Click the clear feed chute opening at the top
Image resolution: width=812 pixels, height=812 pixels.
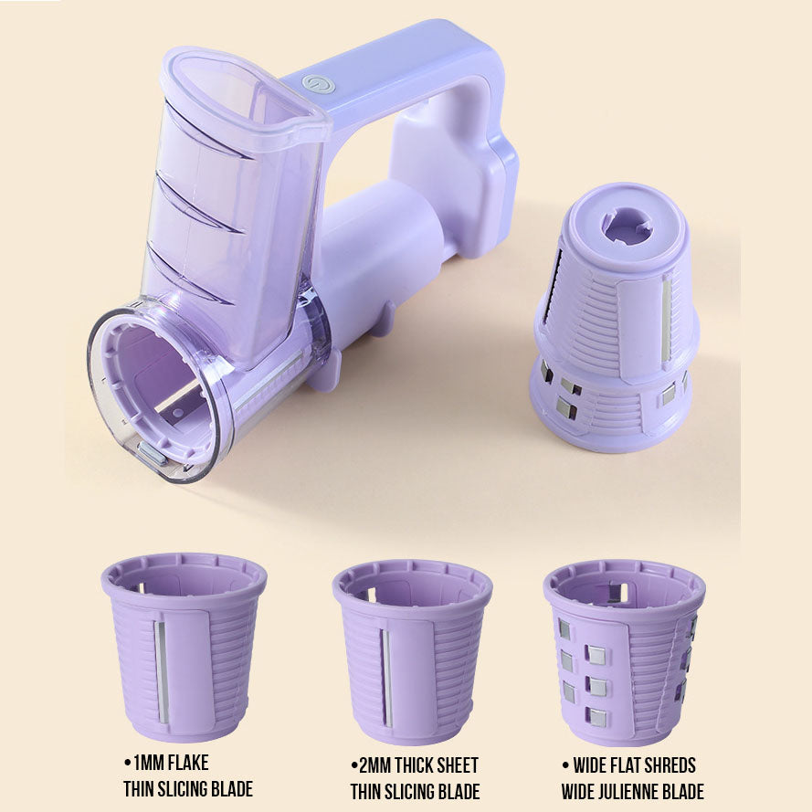243,98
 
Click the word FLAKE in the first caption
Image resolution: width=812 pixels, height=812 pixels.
188,763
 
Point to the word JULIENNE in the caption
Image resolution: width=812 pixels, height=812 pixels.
627,792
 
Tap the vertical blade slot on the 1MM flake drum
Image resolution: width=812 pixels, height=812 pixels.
162,671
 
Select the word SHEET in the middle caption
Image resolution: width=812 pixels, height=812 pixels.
456,765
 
